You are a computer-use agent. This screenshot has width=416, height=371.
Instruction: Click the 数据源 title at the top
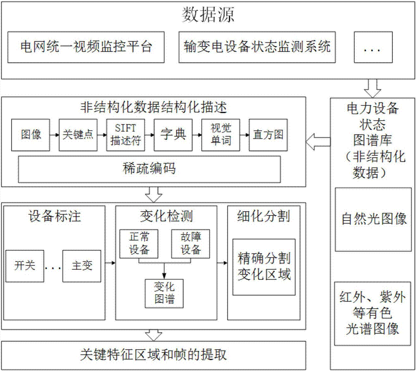point(208,15)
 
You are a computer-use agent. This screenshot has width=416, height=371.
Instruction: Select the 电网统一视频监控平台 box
point(86,47)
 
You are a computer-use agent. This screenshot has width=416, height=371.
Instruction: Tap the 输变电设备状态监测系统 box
point(258,47)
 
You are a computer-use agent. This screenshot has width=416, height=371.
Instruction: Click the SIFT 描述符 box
point(124,135)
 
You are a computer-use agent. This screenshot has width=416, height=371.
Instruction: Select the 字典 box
point(173,135)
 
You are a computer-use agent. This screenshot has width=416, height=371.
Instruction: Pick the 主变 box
point(82,266)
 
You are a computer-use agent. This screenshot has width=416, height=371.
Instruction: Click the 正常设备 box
point(139,243)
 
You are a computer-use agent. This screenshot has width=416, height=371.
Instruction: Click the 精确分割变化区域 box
point(264,267)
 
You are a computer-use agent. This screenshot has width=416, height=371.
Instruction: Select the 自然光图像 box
point(374,219)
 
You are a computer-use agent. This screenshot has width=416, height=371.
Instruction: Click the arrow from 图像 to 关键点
point(53,135)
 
